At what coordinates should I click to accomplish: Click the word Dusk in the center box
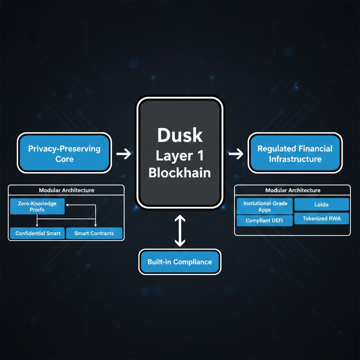180,135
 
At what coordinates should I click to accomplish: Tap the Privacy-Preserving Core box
64,154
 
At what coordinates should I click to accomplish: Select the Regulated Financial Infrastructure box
295,154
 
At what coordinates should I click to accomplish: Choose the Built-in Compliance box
180,262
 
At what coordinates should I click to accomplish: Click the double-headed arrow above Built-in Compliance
180,231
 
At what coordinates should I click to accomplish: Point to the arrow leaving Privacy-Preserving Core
123,154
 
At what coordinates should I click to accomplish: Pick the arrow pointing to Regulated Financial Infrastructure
236,154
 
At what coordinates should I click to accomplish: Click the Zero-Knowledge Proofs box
37,206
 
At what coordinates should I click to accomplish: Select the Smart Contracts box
94,233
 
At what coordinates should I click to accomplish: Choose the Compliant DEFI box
264,221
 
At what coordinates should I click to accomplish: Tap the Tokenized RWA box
321,219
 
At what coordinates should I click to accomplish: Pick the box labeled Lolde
321,204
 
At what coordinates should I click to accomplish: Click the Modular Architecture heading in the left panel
66,190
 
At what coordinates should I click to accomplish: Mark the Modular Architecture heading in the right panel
293,190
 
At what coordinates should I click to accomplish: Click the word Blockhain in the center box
180,173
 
